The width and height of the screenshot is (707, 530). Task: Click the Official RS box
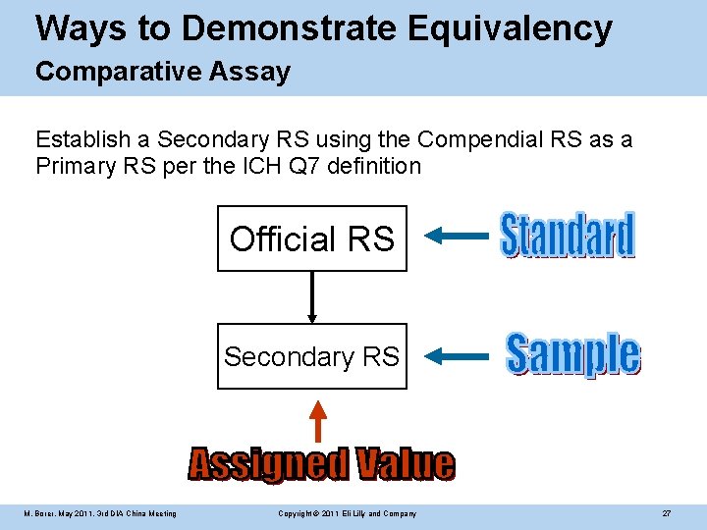311,238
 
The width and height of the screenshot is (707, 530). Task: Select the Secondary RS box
311,356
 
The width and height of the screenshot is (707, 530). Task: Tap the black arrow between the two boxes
312,296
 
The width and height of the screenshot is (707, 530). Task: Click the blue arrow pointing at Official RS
460,236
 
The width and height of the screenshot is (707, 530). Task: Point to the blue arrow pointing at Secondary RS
460,355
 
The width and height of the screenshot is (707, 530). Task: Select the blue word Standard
568,237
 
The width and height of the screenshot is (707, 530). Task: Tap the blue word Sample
572,355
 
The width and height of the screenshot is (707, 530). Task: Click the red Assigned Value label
321,464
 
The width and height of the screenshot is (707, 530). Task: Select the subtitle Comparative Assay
163,72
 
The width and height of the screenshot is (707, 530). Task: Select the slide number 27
666,514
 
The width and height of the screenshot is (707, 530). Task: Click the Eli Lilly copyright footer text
347,514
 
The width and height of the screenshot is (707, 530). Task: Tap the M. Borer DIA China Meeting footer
101,514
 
